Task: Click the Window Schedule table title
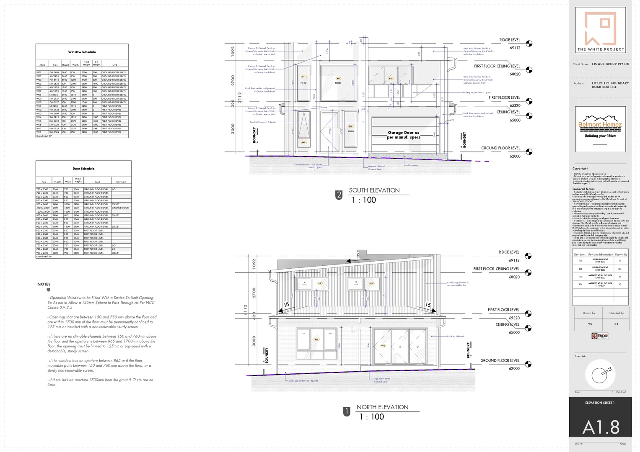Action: [x=82, y=52]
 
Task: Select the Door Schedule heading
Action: [x=83, y=169]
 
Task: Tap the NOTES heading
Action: [x=44, y=284]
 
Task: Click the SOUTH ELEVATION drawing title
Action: [x=374, y=190]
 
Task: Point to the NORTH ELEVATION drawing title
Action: [x=382, y=407]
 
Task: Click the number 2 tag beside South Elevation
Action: [x=339, y=195]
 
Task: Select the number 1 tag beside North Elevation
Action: [x=347, y=412]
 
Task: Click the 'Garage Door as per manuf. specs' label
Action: [x=404, y=135]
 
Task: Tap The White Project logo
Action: [x=601, y=30]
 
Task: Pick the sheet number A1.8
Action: [x=601, y=427]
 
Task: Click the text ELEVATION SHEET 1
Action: [x=600, y=403]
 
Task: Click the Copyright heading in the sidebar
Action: [x=580, y=168]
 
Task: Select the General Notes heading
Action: [x=583, y=189]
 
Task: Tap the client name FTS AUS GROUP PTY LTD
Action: [x=610, y=64]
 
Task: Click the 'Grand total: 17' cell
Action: [x=44, y=136]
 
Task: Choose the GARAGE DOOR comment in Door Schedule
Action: [x=120, y=208]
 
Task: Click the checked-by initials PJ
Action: [x=616, y=324]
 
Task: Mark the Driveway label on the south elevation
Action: [x=413, y=165]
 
